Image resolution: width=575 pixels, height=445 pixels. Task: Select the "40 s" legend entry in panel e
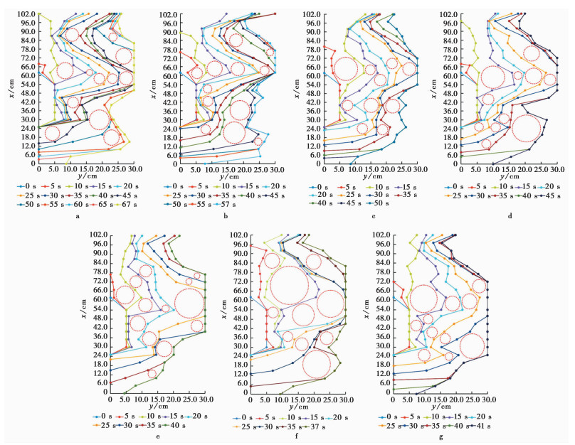(181, 426)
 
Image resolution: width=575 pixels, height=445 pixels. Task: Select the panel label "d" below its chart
(510, 217)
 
